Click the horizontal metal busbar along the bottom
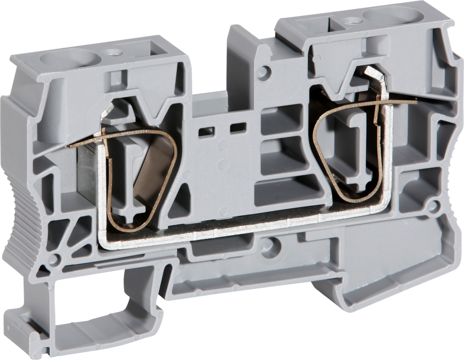(240, 228)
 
